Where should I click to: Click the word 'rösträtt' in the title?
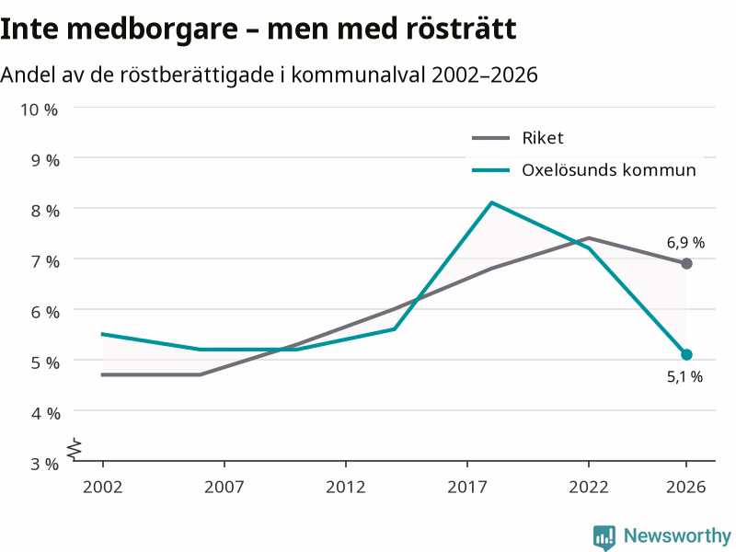(x=461, y=29)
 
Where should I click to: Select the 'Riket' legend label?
(x=542, y=138)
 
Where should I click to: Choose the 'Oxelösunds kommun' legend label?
(x=609, y=170)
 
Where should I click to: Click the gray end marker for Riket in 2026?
(x=686, y=264)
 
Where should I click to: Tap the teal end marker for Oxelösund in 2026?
(x=686, y=354)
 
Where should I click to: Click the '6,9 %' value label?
(x=685, y=243)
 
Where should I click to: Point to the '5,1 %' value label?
(x=684, y=376)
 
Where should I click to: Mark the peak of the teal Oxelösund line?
(x=491, y=202)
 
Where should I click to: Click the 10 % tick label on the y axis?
(x=39, y=109)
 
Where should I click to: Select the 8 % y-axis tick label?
(x=45, y=212)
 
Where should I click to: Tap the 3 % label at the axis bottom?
(x=45, y=465)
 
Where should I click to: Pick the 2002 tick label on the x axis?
(x=102, y=487)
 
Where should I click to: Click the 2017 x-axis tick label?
(x=467, y=487)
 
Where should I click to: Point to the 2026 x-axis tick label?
(x=685, y=487)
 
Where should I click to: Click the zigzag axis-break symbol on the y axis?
(x=75, y=449)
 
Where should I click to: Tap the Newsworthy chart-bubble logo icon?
(x=604, y=537)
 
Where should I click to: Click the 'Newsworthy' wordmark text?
(x=677, y=535)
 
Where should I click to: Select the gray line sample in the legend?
(x=491, y=138)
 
